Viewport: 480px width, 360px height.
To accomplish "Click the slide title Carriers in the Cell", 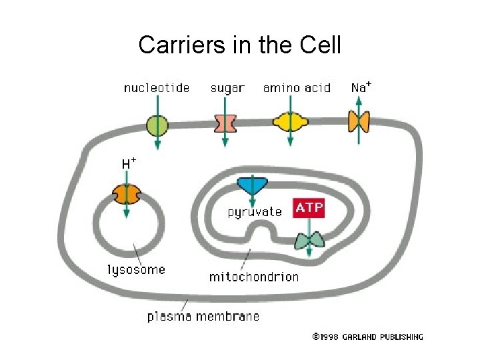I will (239, 45).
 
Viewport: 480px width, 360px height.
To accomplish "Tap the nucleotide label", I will (157, 88).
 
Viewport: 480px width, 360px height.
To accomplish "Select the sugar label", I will (227, 88).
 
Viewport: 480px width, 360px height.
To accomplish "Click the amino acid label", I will (297, 88).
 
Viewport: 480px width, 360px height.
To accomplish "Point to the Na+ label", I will (361, 87).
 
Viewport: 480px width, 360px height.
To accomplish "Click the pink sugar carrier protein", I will (225, 124).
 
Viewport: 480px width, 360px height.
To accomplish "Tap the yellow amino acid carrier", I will (291, 122).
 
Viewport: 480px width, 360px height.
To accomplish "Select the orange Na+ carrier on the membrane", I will (359, 121).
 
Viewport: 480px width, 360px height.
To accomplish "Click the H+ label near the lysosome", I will (129, 163).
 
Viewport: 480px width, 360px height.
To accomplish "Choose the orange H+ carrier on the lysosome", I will (126, 195).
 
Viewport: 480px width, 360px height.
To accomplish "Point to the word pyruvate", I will (255, 213).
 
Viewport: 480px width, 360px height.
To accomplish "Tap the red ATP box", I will (309, 208).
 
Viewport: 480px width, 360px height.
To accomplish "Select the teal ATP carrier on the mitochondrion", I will (309, 240).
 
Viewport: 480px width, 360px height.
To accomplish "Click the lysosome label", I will (136, 270).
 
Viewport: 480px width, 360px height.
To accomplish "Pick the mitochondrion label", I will (254, 276).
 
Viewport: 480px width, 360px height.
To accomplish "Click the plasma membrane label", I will (203, 316).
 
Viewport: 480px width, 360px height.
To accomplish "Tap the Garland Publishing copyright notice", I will (367, 337).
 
